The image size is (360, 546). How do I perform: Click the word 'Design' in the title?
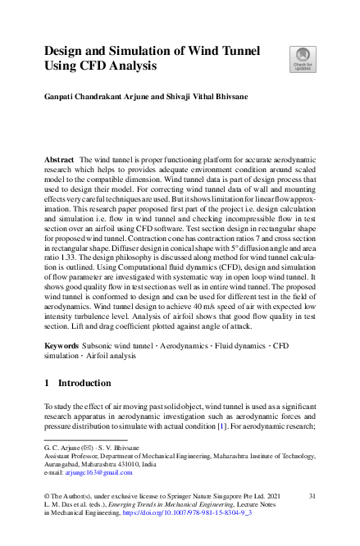[67, 50]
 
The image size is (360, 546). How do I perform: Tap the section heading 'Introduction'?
[86, 406]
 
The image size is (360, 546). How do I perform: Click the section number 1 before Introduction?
[47, 406]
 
